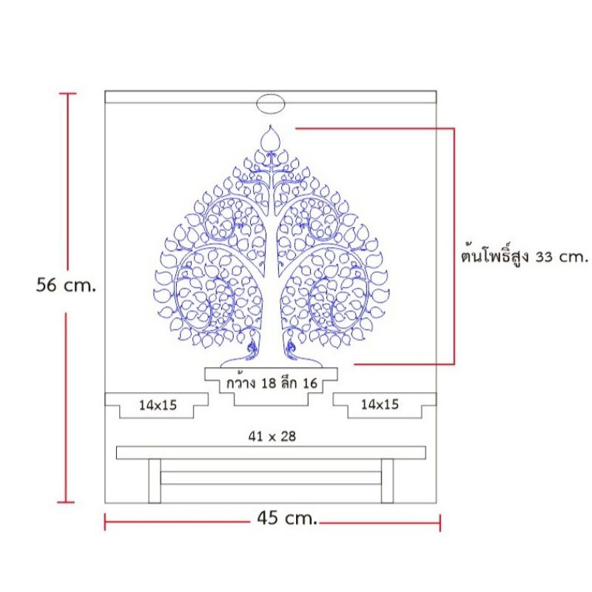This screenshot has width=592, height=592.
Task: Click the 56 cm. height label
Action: (66, 285)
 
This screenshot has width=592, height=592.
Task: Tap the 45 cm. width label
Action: (287, 518)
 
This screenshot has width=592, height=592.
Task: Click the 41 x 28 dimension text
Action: (272, 437)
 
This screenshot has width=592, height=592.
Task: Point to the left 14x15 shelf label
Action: (158, 405)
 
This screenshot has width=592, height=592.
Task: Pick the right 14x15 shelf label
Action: (380, 404)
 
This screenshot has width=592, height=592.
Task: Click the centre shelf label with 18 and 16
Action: (272, 383)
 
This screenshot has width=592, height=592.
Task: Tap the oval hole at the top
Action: (270, 104)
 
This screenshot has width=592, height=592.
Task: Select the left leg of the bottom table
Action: (155, 481)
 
